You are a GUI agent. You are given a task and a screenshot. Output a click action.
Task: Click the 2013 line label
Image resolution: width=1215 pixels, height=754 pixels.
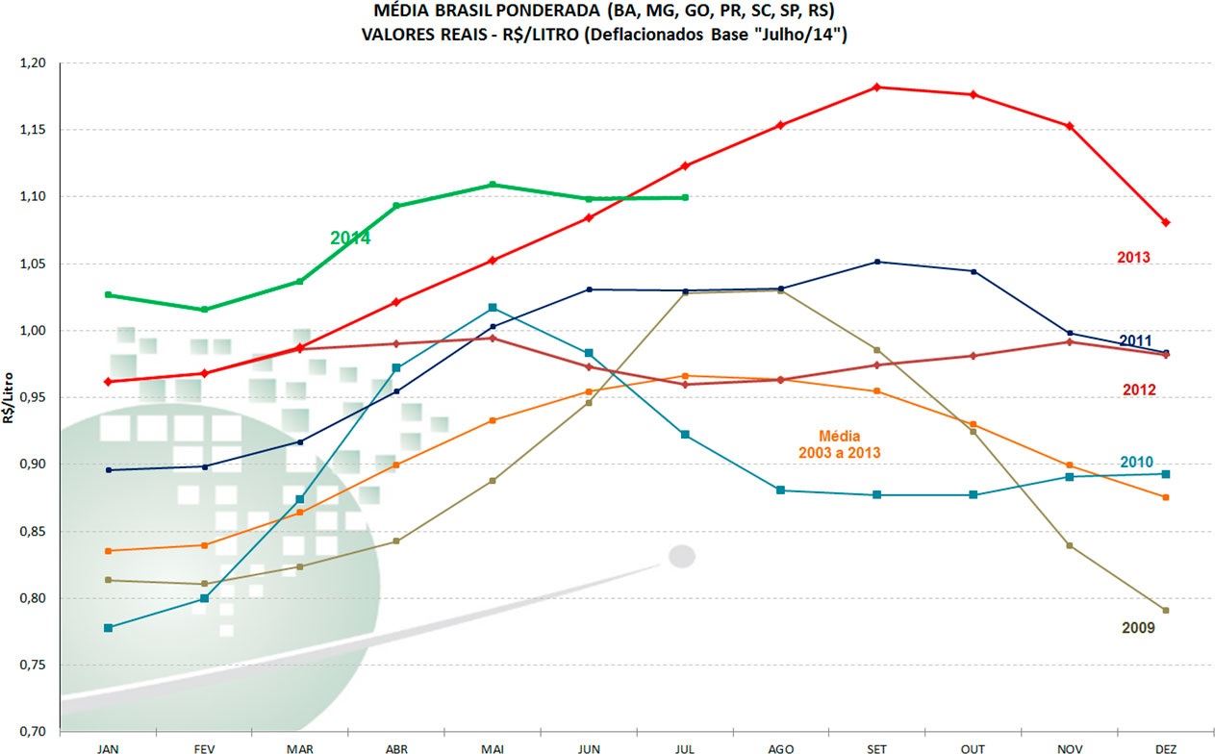click(1133, 258)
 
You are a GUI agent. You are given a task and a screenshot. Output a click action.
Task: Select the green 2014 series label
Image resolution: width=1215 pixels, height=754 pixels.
click(350, 238)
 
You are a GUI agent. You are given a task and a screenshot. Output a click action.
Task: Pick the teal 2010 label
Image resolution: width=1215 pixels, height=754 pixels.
click(1136, 462)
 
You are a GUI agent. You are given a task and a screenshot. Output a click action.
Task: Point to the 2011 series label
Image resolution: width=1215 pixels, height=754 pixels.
click(1136, 340)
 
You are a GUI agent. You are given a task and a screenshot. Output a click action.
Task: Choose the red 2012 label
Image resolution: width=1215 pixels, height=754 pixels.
click(1138, 390)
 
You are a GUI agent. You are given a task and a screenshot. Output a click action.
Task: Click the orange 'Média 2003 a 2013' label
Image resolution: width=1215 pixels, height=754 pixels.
click(840, 443)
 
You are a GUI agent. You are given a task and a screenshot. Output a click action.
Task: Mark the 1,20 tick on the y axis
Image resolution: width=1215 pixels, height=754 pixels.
click(32, 63)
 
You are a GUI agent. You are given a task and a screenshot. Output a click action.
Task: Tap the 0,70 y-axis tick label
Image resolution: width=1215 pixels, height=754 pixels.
click(32, 732)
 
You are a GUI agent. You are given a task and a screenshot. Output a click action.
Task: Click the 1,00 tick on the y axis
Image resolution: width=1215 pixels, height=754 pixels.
click(32, 331)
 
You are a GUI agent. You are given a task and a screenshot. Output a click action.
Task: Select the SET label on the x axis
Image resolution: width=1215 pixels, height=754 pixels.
click(876, 747)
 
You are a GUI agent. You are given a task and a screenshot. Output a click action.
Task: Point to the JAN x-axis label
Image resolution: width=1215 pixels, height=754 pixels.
click(108, 747)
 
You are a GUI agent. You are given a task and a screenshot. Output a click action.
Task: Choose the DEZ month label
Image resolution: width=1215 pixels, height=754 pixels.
click(1165, 747)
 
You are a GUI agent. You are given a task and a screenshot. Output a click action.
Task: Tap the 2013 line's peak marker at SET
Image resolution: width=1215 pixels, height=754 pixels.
click(876, 88)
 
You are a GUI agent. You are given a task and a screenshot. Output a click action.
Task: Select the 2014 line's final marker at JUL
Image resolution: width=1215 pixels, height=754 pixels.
click(685, 198)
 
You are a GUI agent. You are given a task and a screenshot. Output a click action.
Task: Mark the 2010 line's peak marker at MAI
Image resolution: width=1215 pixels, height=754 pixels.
click(493, 308)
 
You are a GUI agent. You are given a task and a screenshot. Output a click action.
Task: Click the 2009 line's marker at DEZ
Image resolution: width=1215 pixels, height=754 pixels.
click(1165, 611)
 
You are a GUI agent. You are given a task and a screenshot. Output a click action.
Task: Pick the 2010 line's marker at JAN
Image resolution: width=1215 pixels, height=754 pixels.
click(108, 628)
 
